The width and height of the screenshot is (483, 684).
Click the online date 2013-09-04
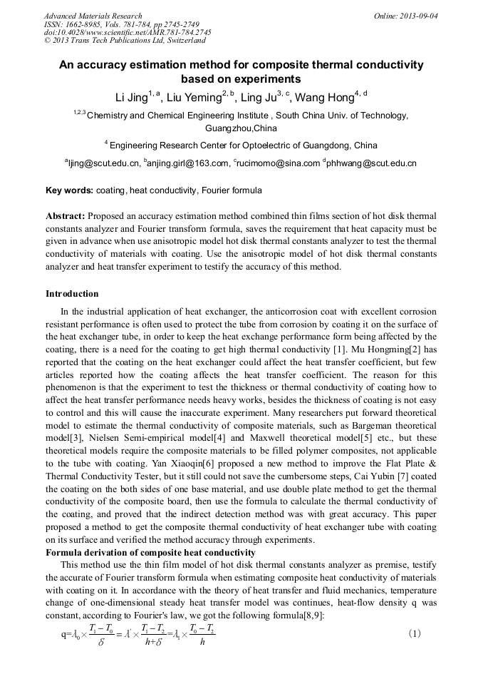click(418, 16)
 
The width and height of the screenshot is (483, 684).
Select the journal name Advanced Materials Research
click(93, 16)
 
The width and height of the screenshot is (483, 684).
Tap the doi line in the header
click(128, 32)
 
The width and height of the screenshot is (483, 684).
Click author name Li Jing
click(131, 98)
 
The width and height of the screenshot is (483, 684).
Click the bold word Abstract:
click(66, 216)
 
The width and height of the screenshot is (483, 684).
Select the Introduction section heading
click(72, 294)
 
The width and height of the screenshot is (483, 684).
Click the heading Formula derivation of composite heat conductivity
click(150, 553)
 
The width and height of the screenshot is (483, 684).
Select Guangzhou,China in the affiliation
click(241, 129)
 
